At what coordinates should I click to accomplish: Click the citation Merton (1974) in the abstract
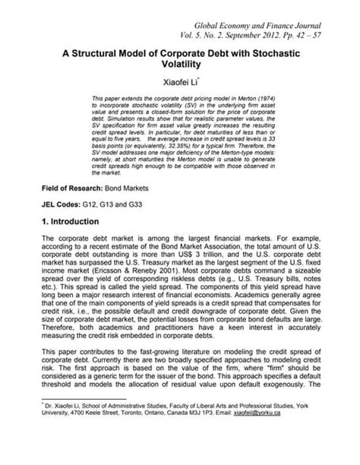point(253,100)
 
